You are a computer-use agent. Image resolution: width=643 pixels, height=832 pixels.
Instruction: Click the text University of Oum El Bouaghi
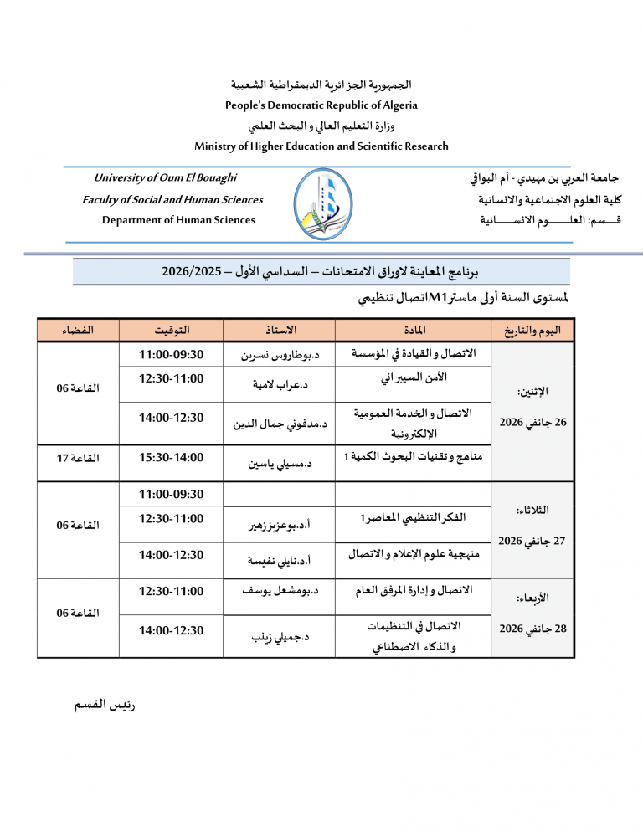[165, 177]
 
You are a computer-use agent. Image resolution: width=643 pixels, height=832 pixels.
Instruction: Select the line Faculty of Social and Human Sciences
[172, 199]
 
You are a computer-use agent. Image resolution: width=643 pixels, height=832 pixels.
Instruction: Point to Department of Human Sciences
[178, 220]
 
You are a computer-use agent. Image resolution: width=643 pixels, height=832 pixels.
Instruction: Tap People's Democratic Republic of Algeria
[321, 105]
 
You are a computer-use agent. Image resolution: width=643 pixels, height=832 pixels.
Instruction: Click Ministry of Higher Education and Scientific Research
[321, 146]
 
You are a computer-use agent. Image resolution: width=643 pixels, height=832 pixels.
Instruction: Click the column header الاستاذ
[280, 330]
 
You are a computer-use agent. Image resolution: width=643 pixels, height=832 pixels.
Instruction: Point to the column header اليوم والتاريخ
[532, 330]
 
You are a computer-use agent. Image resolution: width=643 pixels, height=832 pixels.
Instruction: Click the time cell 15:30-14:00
[172, 457]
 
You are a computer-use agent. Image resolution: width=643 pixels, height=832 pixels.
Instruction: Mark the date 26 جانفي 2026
[532, 422]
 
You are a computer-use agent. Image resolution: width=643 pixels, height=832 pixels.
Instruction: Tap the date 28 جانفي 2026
[532, 627]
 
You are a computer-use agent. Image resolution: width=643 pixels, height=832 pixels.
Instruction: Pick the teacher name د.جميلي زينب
[281, 637]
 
